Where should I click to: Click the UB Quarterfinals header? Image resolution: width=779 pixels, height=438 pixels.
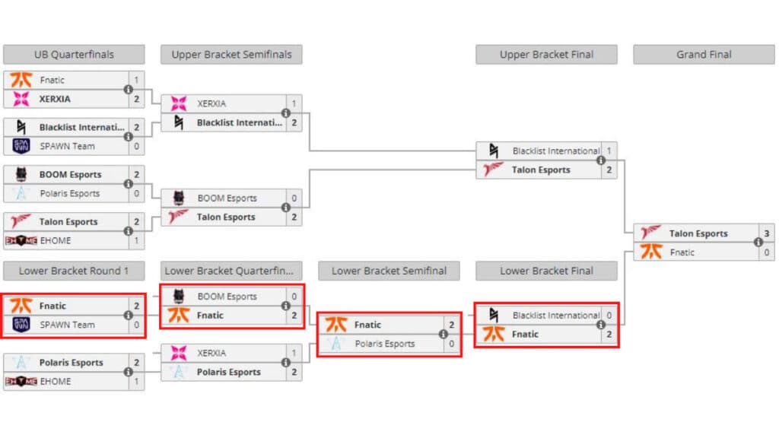pos(74,55)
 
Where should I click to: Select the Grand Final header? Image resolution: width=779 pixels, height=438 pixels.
pos(704,55)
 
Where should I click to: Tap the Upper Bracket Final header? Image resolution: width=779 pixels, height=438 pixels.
pos(546,55)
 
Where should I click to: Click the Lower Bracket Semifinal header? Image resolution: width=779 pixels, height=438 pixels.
pos(389,271)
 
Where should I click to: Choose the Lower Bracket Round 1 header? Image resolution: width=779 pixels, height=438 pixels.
pos(74,271)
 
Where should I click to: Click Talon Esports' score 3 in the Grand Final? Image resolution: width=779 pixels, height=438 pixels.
pos(765,233)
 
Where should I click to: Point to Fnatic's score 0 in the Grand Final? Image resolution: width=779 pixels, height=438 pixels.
pos(765,252)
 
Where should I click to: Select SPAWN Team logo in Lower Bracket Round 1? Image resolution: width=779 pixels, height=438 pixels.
pos(21,325)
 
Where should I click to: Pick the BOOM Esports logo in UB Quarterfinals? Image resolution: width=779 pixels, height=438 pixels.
pos(21,174)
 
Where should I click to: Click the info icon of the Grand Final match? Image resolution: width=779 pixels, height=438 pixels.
pos(758,243)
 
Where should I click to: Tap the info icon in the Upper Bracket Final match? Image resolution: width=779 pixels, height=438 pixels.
pos(600,160)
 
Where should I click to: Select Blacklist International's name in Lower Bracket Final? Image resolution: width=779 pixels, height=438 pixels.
pos(555,315)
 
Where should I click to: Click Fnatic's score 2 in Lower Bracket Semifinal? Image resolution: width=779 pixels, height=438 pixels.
pos(451,325)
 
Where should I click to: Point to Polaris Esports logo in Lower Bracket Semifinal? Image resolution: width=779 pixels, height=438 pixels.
pos(335,344)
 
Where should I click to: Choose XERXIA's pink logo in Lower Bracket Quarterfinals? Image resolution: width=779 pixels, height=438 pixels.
pos(179,353)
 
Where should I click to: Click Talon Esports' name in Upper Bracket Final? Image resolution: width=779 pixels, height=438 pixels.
pos(540,170)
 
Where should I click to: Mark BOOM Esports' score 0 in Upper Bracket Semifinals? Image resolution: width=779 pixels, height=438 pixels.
pos(294,198)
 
